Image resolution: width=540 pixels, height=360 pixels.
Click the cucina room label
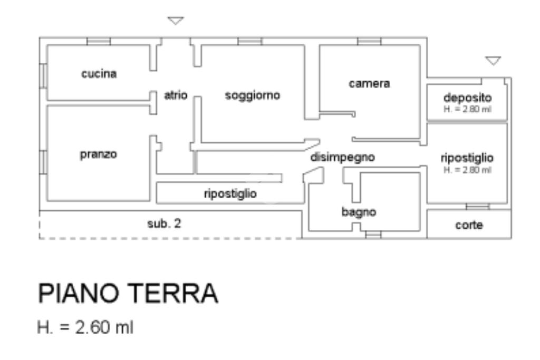point(99,74)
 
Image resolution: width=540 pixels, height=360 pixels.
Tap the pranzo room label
point(99,155)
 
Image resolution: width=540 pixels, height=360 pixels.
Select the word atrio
point(176,95)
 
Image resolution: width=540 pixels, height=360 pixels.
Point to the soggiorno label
point(253,95)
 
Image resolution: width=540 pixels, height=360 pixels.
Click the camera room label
point(369,83)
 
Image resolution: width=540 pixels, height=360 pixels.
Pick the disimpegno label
point(342,157)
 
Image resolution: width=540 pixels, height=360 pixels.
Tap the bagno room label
point(359,212)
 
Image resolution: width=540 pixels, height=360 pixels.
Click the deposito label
point(467,98)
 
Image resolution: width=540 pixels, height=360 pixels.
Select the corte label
point(469,225)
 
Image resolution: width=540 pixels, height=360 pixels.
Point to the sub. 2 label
point(164,223)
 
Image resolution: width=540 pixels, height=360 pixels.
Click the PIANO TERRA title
point(128,294)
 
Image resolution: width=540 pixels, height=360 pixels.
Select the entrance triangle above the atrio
point(176,21)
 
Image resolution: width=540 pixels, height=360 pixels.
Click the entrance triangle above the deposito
point(493,61)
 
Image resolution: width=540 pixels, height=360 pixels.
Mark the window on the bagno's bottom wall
point(373,235)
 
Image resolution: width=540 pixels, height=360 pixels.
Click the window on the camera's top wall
point(369,41)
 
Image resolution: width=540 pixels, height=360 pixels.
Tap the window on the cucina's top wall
point(99,41)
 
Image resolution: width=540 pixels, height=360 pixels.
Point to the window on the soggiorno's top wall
point(249,41)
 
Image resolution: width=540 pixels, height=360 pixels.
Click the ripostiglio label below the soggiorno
point(230,193)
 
